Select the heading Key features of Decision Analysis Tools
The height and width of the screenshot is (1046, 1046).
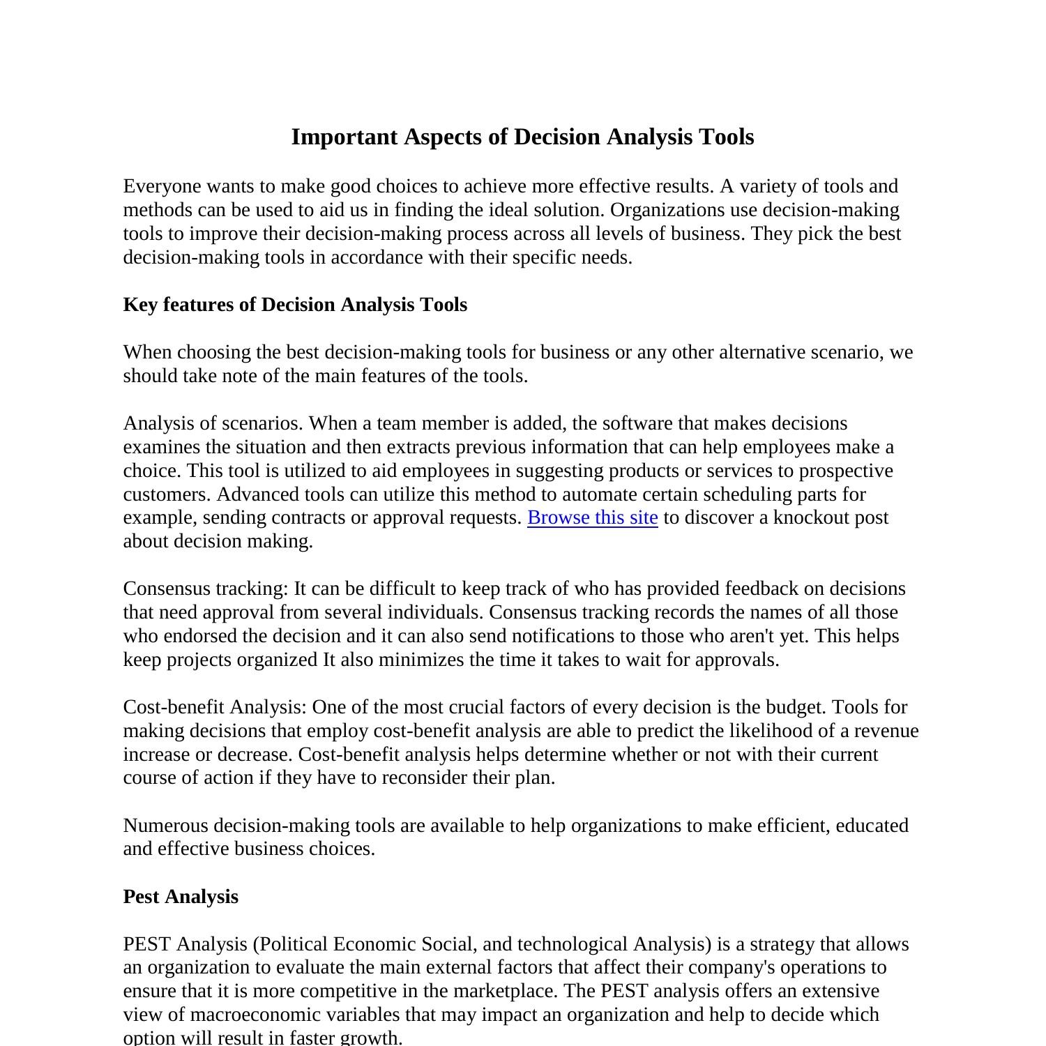tap(295, 305)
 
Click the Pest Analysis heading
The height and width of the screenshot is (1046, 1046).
tap(181, 897)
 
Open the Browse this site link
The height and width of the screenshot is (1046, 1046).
tap(592, 517)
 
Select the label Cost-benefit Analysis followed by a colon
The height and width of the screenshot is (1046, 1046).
tap(214, 707)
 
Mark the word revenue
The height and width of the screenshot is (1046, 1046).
tap(886, 731)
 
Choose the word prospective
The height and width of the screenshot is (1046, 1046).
tap(845, 471)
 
